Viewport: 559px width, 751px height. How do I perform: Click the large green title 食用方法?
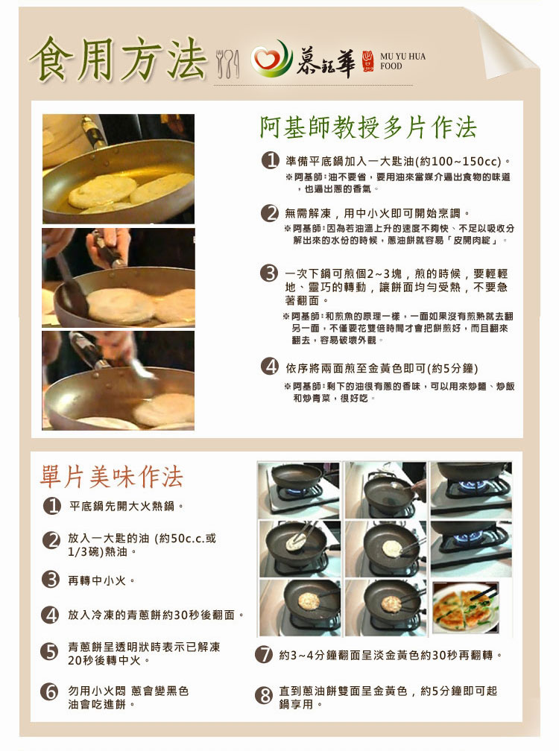tap(118, 58)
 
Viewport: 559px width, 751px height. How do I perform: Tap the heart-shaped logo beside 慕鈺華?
tap(271, 60)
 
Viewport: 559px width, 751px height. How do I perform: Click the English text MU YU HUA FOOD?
tap(402, 61)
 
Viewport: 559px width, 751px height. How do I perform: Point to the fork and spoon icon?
tap(227, 63)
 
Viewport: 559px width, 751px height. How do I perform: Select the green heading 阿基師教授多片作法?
tap(368, 127)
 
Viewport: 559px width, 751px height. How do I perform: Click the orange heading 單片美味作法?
tap(112, 477)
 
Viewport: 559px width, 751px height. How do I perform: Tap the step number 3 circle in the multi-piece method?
tap(269, 273)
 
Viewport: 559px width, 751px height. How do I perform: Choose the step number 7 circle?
tap(264, 654)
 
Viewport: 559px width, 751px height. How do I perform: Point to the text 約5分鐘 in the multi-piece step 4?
tap(452, 368)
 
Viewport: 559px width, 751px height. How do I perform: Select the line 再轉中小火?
tap(97, 580)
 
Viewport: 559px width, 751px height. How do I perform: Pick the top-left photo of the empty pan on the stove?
tap(299, 489)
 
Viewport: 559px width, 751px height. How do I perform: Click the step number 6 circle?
tap(50, 691)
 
